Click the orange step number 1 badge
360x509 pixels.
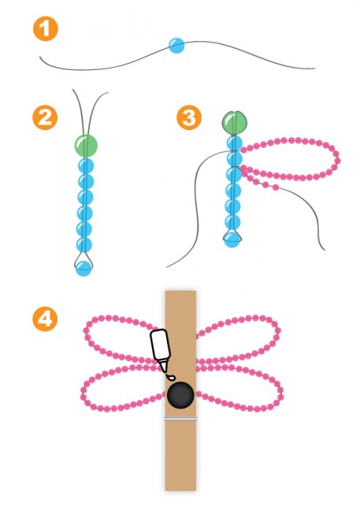[x=46, y=28]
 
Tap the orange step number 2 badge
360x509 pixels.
[x=45, y=117]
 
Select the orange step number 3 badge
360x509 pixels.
[x=189, y=117]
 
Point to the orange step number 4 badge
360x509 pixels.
[x=45, y=319]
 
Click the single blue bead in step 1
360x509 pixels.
[x=176, y=46]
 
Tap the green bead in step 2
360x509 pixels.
[x=86, y=145]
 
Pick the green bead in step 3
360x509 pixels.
[x=235, y=123]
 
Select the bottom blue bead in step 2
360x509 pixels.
[x=84, y=268]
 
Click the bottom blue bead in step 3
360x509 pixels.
[x=232, y=240]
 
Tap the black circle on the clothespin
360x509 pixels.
[x=180, y=395]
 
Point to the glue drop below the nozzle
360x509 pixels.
[x=170, y=377]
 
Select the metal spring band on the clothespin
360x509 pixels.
[x=180, y=418]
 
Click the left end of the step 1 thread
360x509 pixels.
[x=40, y=58]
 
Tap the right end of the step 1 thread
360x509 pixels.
[x=314, y=69]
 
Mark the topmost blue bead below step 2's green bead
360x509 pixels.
[x=86, y=165]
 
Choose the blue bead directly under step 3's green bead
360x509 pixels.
[x=235, y=143]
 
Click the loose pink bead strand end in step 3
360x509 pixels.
[x=276, y=187]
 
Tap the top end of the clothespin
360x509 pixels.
[x=180, y=292]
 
